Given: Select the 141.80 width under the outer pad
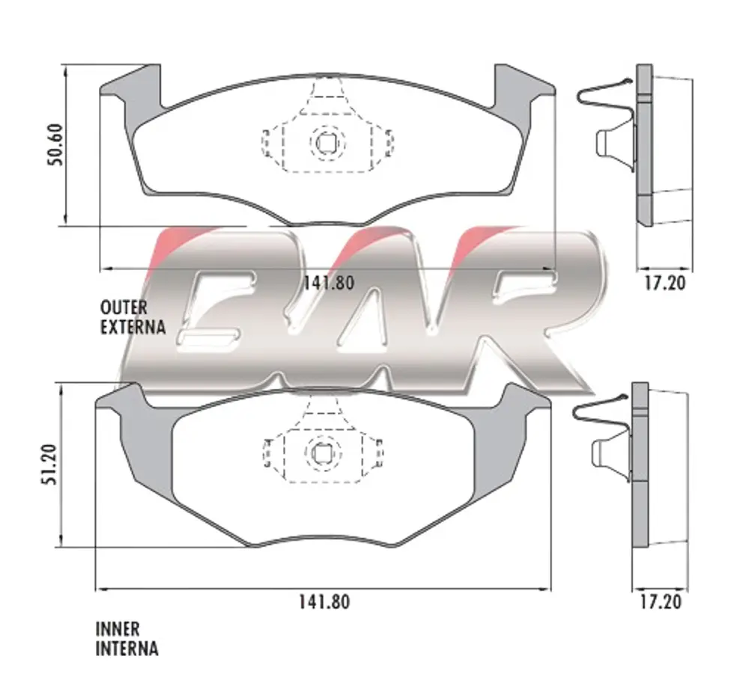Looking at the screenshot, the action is (x=329, y=283).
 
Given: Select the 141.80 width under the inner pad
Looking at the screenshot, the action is (x=324, y=601).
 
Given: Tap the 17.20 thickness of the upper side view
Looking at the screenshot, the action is (x=664, y=283).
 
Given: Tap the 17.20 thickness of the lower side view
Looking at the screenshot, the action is (x=661, y=601).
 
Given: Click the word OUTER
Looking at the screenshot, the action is (x=124, y=307).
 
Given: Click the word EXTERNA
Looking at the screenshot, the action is (x=133, y=327).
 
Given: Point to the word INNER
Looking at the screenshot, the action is (x=118, y=629).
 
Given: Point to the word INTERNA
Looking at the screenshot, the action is (x=127, y=649).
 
